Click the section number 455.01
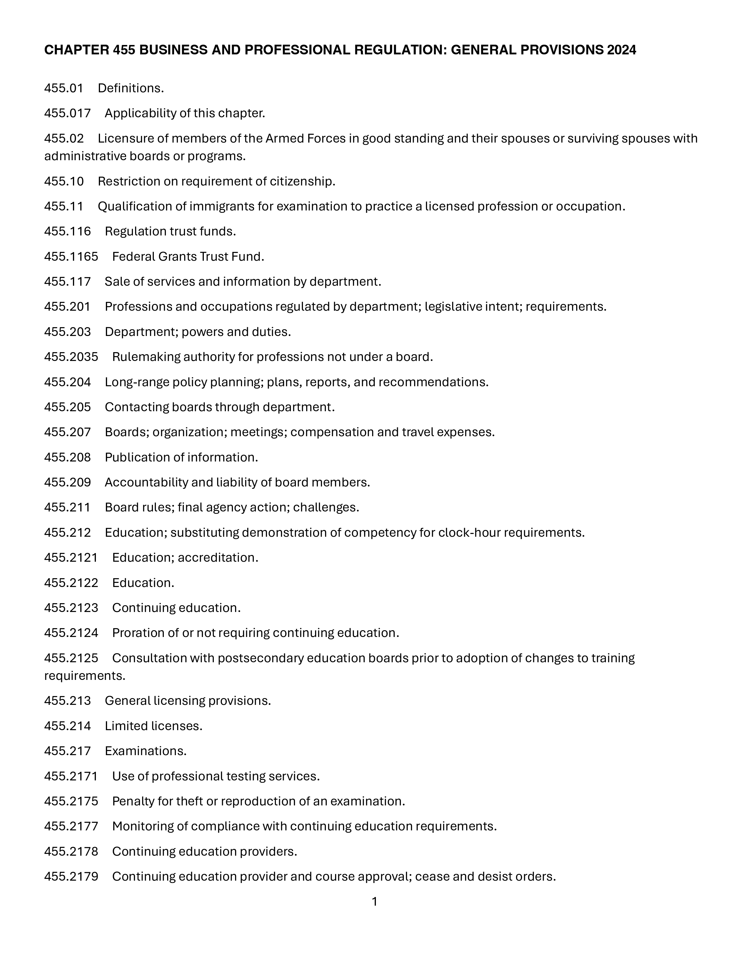[x=64, y=88]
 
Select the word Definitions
[x=131, y=88]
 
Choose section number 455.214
[x=67, y=726]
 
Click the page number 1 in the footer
[x=374, y=902]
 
